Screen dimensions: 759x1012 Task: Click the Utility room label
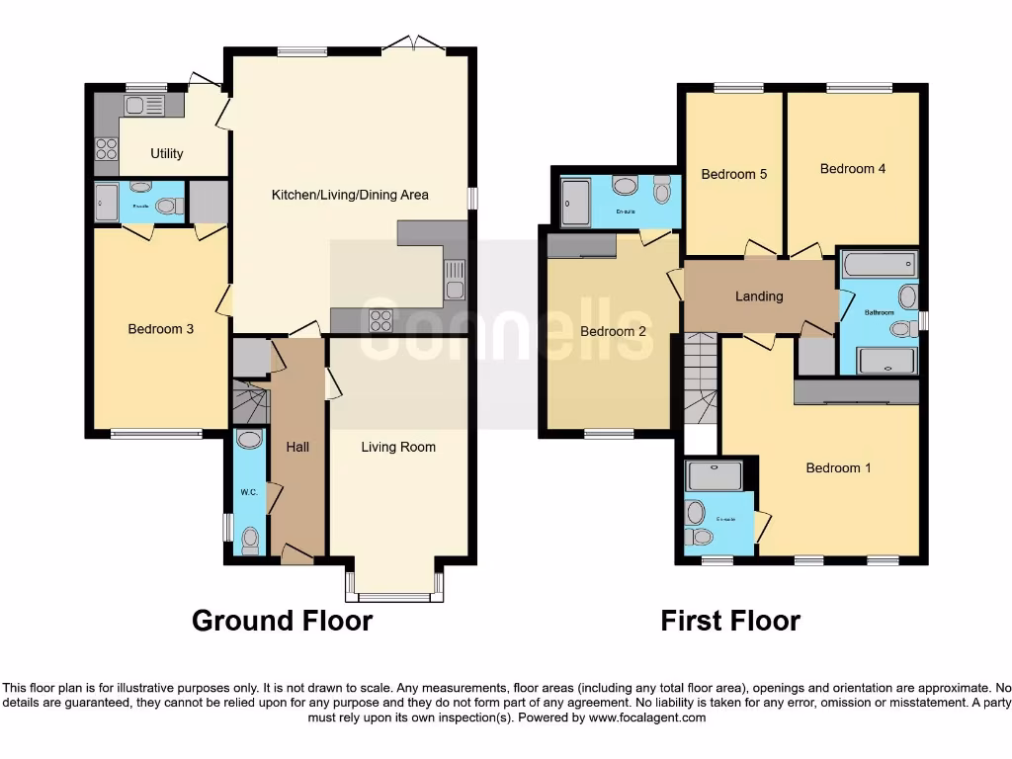click(x=166, y=153)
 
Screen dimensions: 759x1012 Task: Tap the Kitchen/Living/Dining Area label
click(x=350, y=195)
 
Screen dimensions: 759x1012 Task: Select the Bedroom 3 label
click(x=161, y=329)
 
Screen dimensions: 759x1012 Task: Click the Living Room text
click(x=398, y=448)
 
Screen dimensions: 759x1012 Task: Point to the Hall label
click(x=297, y=448)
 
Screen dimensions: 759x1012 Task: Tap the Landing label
click(x=759, y=296)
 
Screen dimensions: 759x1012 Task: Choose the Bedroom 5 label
click(x=734, y=174)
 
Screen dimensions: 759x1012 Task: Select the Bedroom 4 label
click(x=853, y=169)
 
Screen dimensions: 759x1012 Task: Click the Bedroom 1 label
click(x=838, y=467)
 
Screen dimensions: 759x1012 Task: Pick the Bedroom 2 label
click(x=613, y=331)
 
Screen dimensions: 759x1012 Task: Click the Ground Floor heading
click(x=282, y=621)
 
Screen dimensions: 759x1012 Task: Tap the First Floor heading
click(x=730, y=621)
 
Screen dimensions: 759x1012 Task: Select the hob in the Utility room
click(x=106, y=148)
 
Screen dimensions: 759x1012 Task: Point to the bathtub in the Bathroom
click(x=880, y=264)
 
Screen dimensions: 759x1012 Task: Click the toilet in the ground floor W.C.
click(x=251, y=540)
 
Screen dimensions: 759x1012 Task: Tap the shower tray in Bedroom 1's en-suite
click(x=714, y=476)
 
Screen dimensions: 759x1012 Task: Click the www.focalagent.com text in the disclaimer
click(x=646, y=717)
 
